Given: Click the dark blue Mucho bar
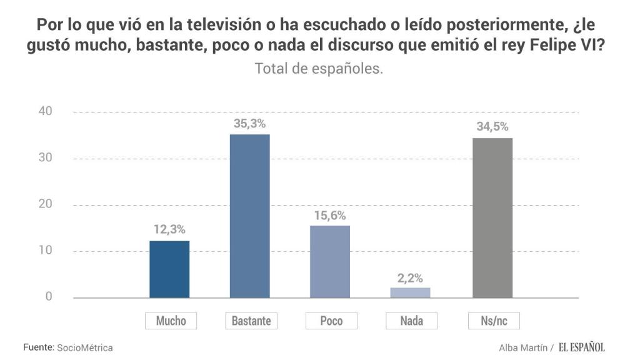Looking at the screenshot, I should pos(169,269).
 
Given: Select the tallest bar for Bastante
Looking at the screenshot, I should pos(250,216).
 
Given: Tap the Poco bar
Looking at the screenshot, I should pos(331,261).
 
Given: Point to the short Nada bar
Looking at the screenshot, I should pos(411,292).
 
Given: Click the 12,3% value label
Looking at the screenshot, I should pos(170,230).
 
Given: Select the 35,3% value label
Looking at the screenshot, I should pos(250,123).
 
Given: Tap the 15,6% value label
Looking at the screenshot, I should pos(331,214).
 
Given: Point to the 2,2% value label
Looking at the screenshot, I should pos(411,277).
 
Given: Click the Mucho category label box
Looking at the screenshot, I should pos(171,321).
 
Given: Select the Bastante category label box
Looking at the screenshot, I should pos(251,321).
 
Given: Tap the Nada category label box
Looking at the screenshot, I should pos(412,321).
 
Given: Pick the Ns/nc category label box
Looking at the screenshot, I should pos(494,321).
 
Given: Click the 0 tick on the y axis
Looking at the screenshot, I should pos(48,297).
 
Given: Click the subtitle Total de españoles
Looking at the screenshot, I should pos(319,69).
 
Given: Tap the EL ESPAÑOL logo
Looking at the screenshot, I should pos(582,347).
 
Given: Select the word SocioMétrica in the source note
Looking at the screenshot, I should pos(85,347).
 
